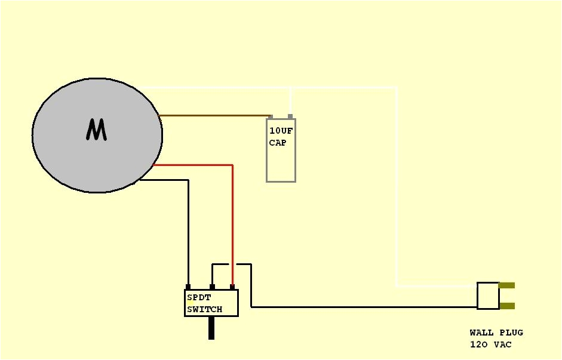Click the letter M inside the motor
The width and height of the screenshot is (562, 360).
click(96, 130)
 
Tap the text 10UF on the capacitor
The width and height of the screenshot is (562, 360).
click(281, 131)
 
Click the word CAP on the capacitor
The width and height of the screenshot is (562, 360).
click(277, 143)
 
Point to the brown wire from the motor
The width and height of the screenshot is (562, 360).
click(215, 115)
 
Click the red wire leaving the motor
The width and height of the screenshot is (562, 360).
click(197, 165)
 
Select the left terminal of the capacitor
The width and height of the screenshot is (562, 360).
click(271, 116)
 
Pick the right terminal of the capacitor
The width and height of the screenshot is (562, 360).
click(290, 116)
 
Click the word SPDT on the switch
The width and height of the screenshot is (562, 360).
click(199, 297)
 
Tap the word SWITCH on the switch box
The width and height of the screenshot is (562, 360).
click(204, 309)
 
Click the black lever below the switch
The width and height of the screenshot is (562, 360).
click(211, 328)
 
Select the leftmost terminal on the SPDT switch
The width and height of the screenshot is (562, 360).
click(188, 287)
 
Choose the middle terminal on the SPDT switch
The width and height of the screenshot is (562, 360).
click(212, 287)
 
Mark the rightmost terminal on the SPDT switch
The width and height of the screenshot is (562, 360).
click(232, 287)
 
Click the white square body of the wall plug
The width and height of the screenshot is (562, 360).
click(488, 296)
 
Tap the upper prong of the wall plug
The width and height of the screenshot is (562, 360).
click(506, 285)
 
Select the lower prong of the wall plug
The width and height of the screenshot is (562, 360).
click(506, 306)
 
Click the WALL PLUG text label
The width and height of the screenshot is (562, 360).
click(496, 333)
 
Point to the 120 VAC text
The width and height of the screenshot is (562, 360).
click(490, 344)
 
